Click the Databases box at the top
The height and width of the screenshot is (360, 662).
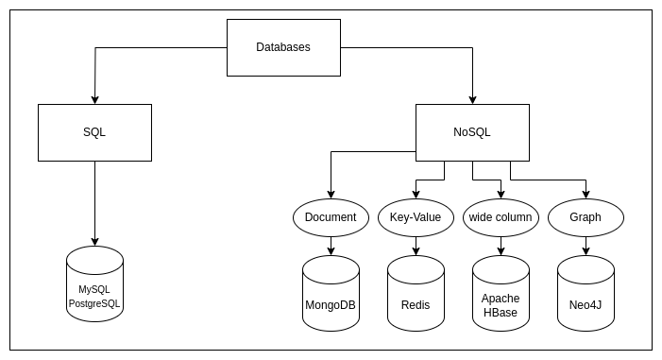click(283, 47)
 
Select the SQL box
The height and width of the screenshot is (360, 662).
click(94, 132)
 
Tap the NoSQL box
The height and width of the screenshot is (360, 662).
click(472, 132)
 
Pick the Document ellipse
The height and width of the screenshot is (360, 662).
click(331, 217)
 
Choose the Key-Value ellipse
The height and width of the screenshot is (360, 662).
click(416, 217)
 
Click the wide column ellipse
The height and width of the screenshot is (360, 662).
click(501, 217)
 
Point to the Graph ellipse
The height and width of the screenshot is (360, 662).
click(586, 217)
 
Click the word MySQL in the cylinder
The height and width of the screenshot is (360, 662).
click(94, 289)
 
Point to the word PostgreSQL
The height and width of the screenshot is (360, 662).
click(94, 304)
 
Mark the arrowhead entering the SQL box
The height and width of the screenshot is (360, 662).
click(94, 99)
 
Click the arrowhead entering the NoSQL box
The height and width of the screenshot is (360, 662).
click(472, 99)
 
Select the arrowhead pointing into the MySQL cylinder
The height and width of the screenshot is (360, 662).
click(94, 242)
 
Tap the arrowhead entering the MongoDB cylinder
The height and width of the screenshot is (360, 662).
click(331, 251)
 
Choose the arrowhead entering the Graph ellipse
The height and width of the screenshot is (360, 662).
click(586, 194)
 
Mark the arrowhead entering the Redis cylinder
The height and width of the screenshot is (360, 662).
click(416, 251)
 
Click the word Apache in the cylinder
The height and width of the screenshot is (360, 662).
click(501, 298)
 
